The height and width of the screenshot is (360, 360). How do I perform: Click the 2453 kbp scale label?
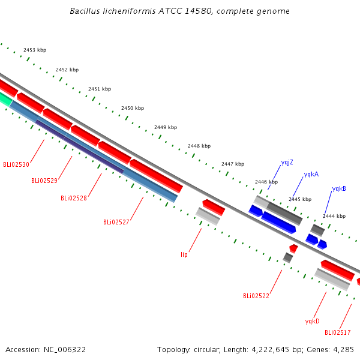(x=35, y=50)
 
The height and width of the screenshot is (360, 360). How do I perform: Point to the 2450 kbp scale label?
(x=133, y=108)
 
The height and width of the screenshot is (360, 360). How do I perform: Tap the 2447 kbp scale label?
(x=233, y=164)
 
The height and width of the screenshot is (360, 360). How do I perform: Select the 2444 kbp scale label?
(x=334, y=216)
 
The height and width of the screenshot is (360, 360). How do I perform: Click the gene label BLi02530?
(x=16, y=164)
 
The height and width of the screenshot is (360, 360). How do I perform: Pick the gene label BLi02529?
(x=44, y=181)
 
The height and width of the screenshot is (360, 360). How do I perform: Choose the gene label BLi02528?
(x=74, y=198)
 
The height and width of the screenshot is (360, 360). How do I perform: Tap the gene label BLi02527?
(x=116, y=222)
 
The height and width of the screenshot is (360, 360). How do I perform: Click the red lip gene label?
(x=184, y=254)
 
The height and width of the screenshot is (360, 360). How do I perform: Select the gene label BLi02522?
(x=256, y=296)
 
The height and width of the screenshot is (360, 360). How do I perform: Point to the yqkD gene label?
(x=312, y=321)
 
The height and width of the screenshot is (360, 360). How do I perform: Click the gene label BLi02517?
(x=337, y=332)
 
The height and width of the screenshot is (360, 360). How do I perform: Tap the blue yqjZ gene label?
(x=287, y=163)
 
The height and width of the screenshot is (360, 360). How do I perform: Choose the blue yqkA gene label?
(x=311, y=174)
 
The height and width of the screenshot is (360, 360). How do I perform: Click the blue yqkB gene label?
(x=339, y=189)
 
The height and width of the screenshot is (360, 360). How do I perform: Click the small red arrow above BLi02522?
(x=293, y=248)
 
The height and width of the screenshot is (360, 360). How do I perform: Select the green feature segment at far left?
(x=5, y=99)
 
